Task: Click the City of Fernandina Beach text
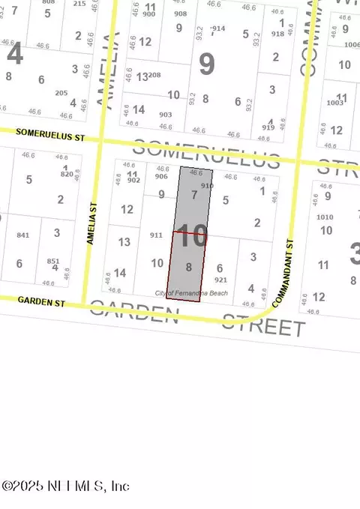191,292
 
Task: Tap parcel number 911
156,235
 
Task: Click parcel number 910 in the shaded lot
208,184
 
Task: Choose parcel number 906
161,177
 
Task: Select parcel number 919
268,128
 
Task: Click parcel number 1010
325,217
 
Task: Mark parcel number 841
22,235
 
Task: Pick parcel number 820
67,173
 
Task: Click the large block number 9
206,65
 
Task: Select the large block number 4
13,55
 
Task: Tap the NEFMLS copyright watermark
66,486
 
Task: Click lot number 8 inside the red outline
189,266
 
